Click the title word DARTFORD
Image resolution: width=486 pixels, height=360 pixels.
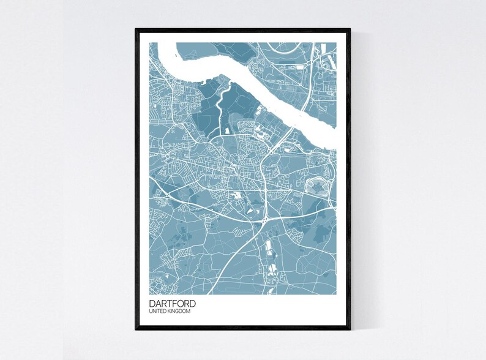tap(172, 303)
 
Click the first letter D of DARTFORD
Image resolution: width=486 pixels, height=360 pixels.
tap(152, 303)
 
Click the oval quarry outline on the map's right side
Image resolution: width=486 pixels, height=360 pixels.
tap(316, 184)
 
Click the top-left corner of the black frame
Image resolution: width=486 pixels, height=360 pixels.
tap(136, 29)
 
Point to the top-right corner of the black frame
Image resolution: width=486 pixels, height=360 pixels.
tap(350, 29)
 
